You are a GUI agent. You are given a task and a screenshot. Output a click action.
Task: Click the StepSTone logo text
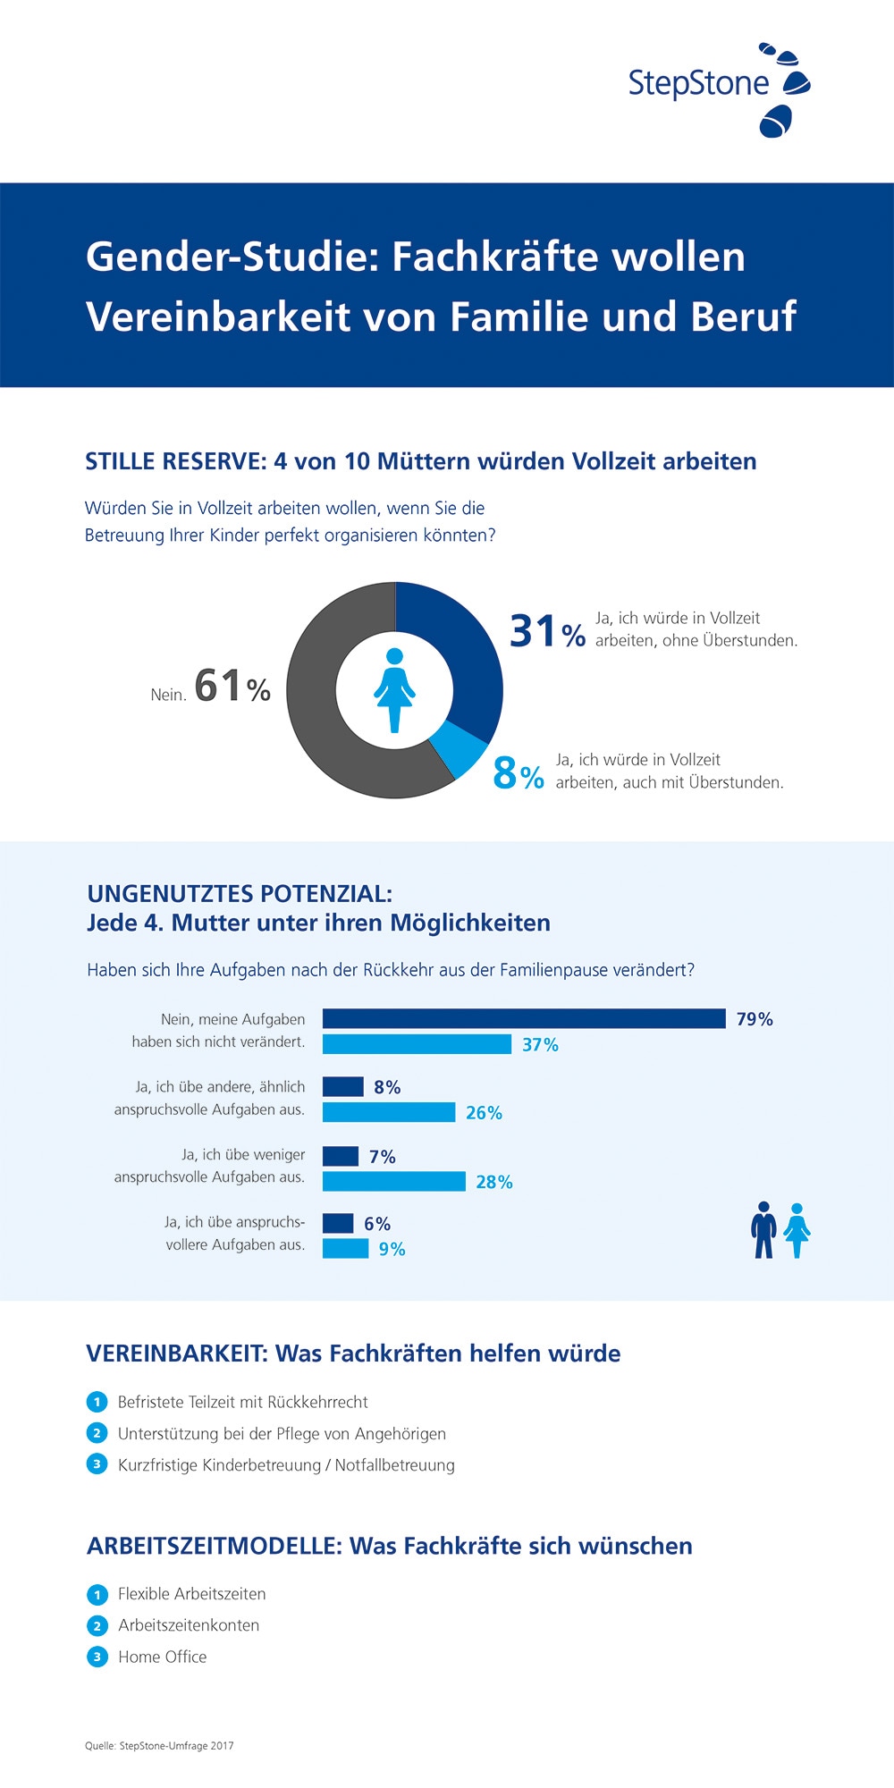click(x=698, y=83)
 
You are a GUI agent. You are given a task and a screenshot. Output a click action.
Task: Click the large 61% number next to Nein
click(x=232, y=687)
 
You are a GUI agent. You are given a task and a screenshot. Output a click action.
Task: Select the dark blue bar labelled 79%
click(x=524, y=1018)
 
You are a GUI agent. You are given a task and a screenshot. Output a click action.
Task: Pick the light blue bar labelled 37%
click(x=417, y=1044)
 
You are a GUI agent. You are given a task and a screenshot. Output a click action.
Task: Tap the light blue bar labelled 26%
click(x=389, y=1112)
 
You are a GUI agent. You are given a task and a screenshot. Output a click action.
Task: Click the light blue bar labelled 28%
click(x=393, y=1181)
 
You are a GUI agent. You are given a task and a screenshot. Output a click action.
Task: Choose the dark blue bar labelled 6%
click(x=338, y=1223)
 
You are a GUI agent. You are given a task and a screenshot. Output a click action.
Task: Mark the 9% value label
click(x=392, y=1249)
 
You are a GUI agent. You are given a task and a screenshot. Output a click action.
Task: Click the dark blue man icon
click(x=763, y=1230)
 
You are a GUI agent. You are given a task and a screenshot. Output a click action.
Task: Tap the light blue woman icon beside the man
click(x=797, y=1231)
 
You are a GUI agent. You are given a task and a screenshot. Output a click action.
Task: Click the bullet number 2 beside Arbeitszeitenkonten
click(x=97, y=1625)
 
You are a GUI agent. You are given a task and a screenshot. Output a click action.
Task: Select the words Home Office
click(x=162, y=1657)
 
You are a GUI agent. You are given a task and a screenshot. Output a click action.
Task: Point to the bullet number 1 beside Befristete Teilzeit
click(x=97, y=1402)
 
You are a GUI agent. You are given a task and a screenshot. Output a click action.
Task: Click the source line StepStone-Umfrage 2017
click(x=159, y=1745)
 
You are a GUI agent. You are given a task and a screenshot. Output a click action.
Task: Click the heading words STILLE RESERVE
click(x=174, y=461)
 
